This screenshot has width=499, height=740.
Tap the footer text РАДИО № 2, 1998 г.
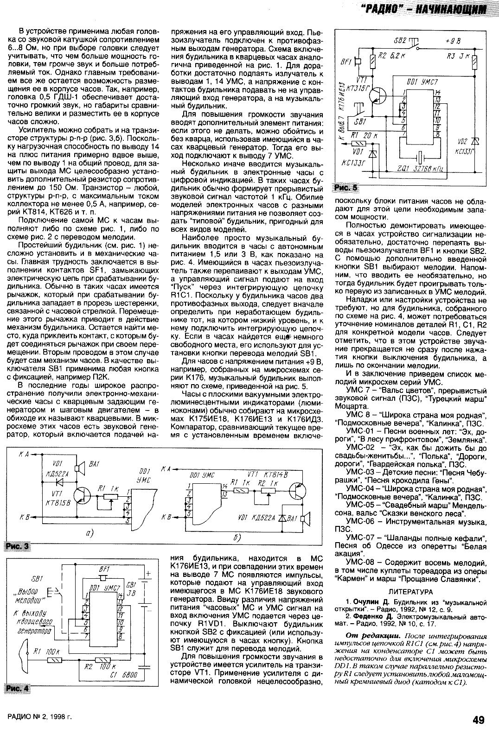coord(40,718)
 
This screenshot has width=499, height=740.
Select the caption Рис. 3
coord(17,547)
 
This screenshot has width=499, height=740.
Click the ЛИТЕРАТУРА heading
coord(410,592)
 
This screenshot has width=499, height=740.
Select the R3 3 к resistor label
coord(458,56)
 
